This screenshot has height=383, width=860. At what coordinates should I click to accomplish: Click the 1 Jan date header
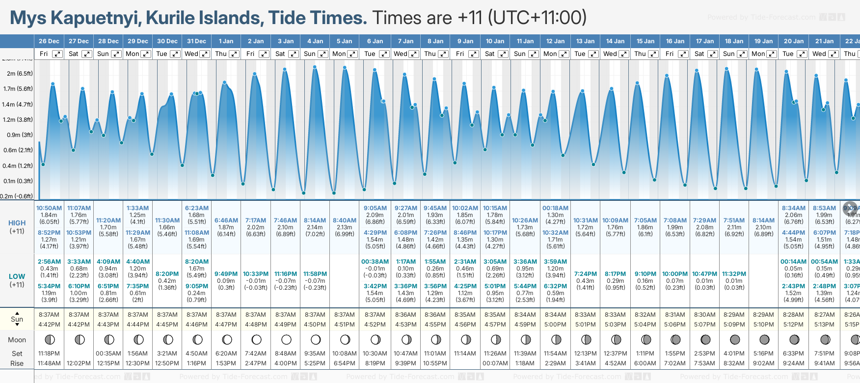[226, 41]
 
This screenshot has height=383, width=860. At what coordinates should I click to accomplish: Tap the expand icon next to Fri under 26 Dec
[57, 54]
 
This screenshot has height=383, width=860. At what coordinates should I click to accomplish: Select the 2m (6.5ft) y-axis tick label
[20, 74]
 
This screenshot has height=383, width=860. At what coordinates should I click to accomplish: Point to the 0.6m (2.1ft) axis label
[18, 150]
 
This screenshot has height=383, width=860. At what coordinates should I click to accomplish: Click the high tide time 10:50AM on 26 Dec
[49, 208]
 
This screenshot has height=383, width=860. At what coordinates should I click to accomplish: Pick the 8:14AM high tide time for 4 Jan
[315, 220]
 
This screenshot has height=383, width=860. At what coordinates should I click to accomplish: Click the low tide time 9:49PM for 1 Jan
[226, 274]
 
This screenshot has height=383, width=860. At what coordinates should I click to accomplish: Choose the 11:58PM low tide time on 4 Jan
[315, 274]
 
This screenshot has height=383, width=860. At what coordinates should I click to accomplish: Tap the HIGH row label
[17, 223]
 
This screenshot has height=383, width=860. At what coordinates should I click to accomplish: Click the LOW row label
[17, 276]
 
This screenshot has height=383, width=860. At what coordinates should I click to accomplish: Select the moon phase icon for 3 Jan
[286, 339]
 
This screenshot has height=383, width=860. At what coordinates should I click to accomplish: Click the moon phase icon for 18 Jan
[735, 339]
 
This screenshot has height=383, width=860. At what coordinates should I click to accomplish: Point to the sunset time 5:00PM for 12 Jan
[555, 325]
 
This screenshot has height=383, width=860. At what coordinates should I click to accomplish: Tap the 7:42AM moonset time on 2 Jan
[256, 354]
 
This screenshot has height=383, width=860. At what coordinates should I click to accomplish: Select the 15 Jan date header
[645, 41]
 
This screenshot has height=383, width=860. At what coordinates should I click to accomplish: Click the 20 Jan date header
[794, 41]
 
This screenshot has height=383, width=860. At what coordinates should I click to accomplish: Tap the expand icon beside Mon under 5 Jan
[352, 54]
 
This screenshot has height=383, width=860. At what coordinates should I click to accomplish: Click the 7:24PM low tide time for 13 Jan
[586, 274]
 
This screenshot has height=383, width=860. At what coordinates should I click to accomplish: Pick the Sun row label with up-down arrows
[17, 319]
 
